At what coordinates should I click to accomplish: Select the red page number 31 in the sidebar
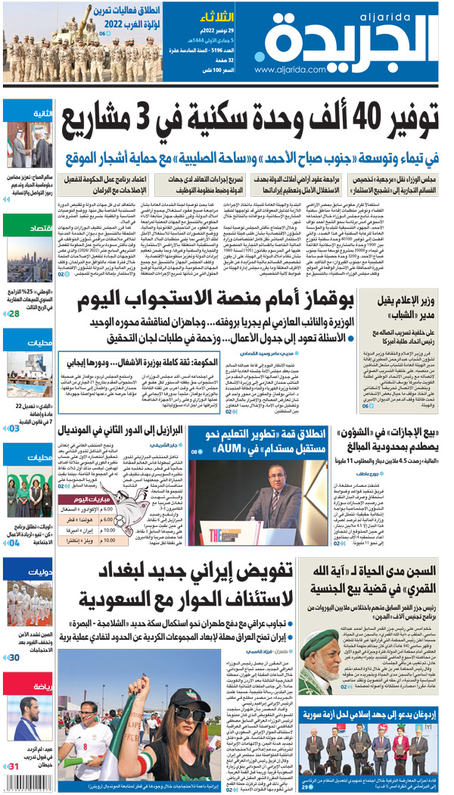[x=14, y=766]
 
